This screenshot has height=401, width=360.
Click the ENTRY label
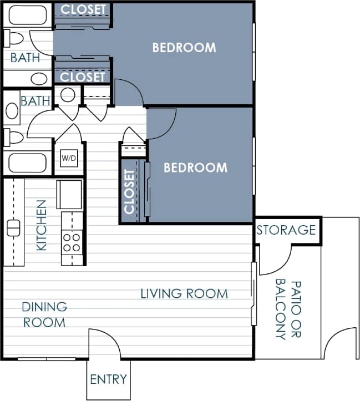click(108, 380)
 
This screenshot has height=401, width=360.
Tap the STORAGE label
click(286, 230)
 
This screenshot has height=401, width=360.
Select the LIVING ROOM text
click(184, 293)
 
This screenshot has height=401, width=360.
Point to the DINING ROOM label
click(44, 314)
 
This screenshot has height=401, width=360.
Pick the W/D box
click(69, 158)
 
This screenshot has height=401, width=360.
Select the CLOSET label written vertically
click(130, 191)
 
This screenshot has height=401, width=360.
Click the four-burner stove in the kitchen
click(72, 242)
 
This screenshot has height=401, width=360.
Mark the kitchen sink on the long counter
click(14, 227)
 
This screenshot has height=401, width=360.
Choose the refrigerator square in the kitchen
click(69, 194)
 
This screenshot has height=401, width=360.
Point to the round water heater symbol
click(68, 95)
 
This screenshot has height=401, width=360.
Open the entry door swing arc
click(105, 344)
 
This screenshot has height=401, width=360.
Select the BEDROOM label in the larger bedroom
click(184, 48)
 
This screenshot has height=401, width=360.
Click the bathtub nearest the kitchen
click(27, 164)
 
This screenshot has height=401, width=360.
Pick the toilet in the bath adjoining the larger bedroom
click(13, 38)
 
